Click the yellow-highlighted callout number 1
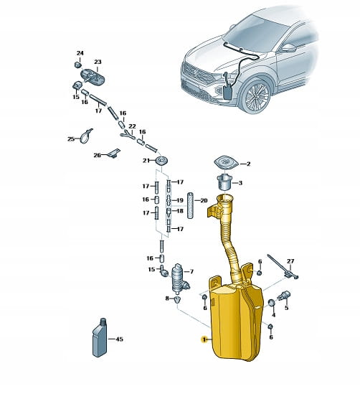pos(204,339)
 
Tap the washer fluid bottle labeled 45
pos(100,337)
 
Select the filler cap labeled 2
pos(226,163)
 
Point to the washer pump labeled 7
pos(180,278)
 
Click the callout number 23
pos(98,62)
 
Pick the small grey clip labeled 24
pos(77,65)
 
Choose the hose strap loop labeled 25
pos(86,136)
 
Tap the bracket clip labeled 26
pos(114,153)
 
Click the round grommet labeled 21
pos(161,161)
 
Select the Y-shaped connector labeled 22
pos(128,134)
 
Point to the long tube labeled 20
pos(191,205)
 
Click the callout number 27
pos(290,261)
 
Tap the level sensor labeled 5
pos(284,295)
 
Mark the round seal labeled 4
pos(272,303)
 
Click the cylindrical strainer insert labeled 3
pos(224,182)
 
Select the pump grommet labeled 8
pos(177,299)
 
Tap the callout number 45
pos(119,339)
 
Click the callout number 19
pos(180,200)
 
